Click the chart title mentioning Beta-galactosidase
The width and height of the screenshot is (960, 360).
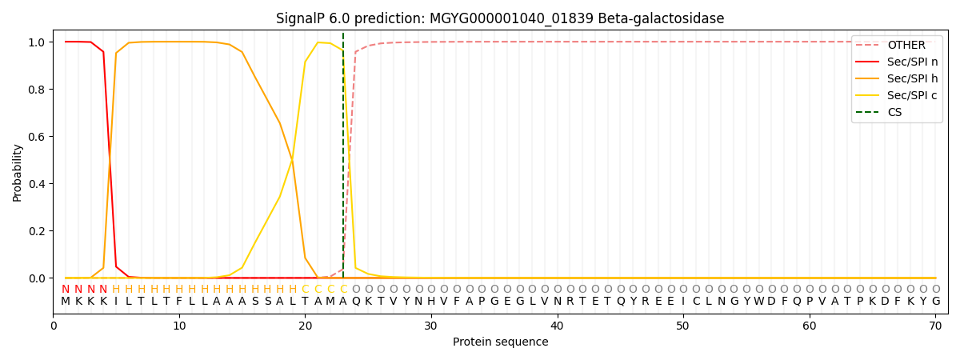[500, 18]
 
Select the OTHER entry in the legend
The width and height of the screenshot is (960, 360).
[906, 46]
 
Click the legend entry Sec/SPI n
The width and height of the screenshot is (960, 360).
[912, 62]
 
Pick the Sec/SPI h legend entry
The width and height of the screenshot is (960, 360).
[912, 78]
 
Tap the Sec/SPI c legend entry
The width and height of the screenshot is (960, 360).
[912, 95]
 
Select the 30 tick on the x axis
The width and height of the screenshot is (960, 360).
[431, 326]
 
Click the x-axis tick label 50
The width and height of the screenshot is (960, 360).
[683, 326]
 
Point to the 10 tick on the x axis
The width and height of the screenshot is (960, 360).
[179, 326]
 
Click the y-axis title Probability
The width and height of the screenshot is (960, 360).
[18, 172]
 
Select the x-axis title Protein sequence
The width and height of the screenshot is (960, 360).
[500, 342]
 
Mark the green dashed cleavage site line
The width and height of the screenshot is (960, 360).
[343, 160]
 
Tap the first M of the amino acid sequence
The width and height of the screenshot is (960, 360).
[66, 302]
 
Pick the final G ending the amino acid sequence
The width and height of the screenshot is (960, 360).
[936, 302]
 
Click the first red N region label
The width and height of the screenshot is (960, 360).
[66, 289]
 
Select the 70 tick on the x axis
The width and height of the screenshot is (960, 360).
[935, 326]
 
